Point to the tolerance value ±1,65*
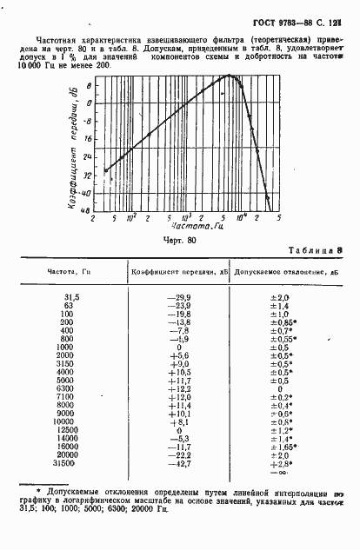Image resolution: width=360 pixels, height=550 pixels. [280, 446]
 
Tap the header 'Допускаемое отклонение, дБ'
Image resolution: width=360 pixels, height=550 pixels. [278, 272]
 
